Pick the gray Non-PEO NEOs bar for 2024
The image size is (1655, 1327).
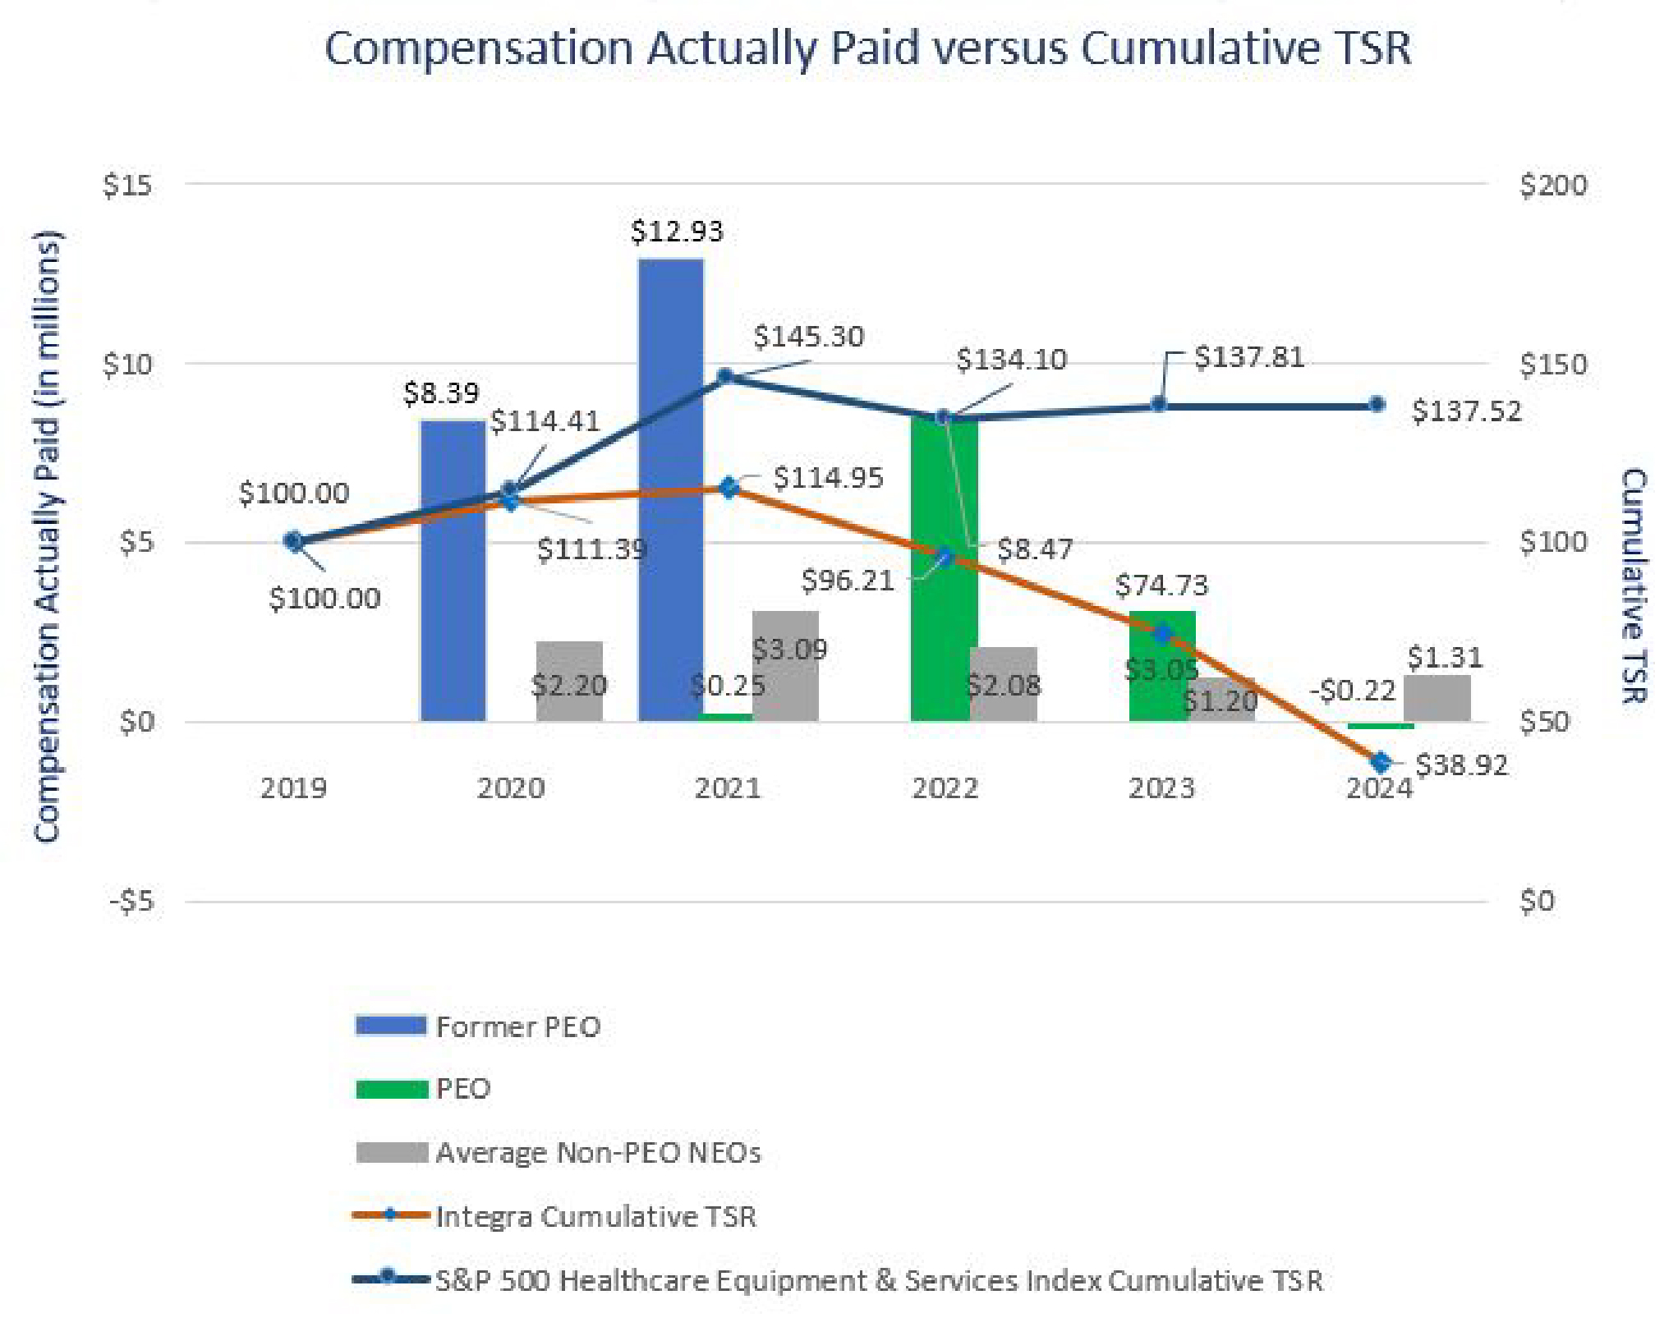point(1437,699)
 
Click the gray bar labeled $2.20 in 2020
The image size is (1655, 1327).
point(569,682)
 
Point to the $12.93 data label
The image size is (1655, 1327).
point(677,232)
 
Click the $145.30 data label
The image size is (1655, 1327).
point(808,337)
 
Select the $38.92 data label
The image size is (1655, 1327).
point(1462,765)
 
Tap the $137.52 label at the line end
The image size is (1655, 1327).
point(1466,411)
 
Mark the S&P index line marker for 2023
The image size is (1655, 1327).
point(1159,404)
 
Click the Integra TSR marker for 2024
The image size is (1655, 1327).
point(1381,762)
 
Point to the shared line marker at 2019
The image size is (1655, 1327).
point(293,541)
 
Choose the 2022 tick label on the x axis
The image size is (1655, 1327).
point(945,789)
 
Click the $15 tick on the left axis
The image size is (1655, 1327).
point(127,186)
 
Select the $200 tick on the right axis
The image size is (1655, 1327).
point(1552,186)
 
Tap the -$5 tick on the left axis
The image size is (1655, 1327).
point(131,902)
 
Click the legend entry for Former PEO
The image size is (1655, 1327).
point(517,1027)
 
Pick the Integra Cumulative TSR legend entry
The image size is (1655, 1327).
point(595,1216)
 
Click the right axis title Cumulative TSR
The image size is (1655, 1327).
point(1633,585)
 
